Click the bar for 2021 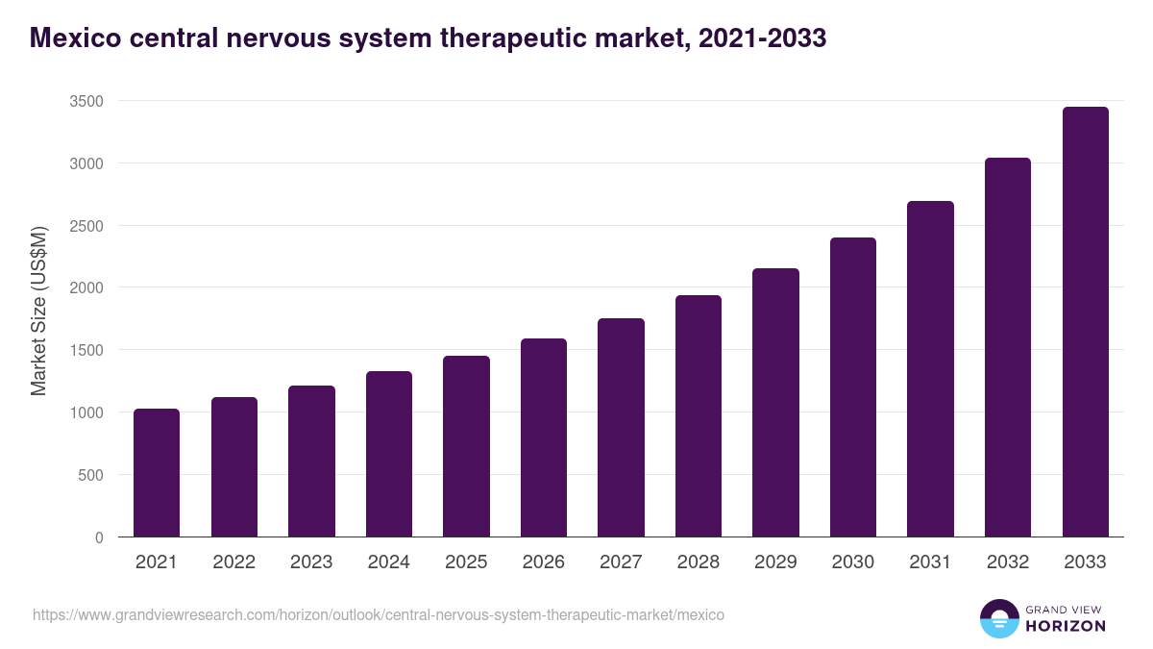pyautogui.click(x=157, y=473)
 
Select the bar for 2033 pyautogui.click(x=1085, y=322)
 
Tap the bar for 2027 pyautogui.click(x=621, y=428)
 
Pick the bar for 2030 pyautogui.click(x=853, y=387)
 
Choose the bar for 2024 pyautogui.click(x=389, y=454)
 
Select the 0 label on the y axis pyautogui.click(x=99, y=537)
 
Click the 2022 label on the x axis pyautogui.click(x=233, y=562)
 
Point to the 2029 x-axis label pyautogui.click(x=775, y=562)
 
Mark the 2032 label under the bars pyautogui.click(x=1008, y=562)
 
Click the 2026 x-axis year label pyautogui.click(x=544, y=562)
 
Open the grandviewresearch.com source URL pyautogui.click(x=379, y=614)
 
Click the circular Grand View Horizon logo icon pyautogui.click(x=999, y=619)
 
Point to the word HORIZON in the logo pyautogui.click(x=1066, y=626)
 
